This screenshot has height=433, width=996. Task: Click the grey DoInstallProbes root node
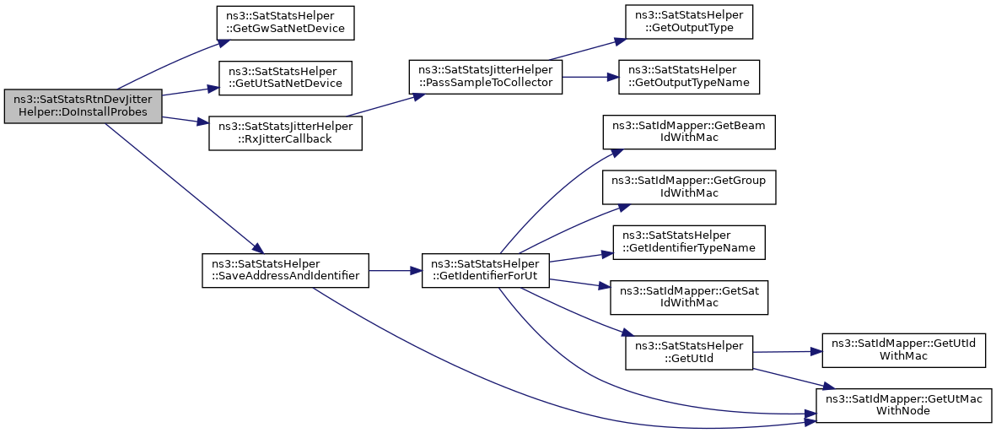[83, 106]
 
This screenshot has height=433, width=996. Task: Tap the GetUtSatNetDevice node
[285, 78]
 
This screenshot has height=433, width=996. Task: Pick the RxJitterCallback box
[285, 133]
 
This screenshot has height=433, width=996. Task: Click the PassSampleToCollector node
[486, 77]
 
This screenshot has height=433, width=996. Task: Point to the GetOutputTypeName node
[689, 77]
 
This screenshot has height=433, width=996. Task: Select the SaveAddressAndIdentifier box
[285, 270]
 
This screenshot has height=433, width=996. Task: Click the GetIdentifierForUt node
[486, 270]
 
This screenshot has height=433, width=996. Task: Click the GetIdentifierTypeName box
[689, 241]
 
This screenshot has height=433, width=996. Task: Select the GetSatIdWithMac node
[689, 297]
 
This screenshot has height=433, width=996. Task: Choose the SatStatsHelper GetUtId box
[689, 352]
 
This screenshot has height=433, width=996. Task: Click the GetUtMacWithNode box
[904, 405]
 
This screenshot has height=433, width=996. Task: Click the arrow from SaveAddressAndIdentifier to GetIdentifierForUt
[395, 270]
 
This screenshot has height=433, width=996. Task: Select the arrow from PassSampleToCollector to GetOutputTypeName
[590, 77]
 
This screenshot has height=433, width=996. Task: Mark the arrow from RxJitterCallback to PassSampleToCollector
[385, 105]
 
